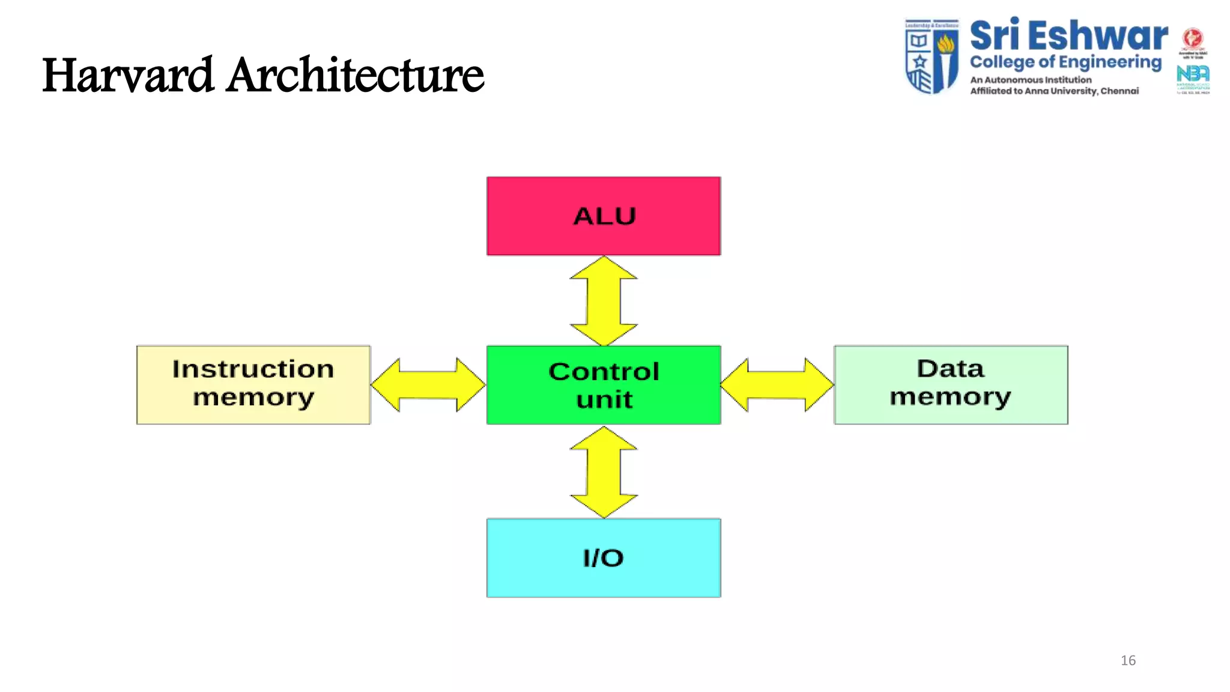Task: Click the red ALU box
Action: pyautogui.click(x=604, y=216)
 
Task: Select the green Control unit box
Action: pyautogui.click(x=604, y=385)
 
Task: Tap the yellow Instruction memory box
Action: pyautogui.click(x=253, y=385)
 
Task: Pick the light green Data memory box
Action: pyautogui.click(x=951, y=385)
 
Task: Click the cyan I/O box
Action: pyautogui.click(x=604, y=558)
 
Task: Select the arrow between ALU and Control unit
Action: pyautogui.click(x=604, y=301)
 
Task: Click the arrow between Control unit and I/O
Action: pyautogui.click(x=604, y=472)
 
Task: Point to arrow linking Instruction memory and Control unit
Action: pyautogui.click(x=428, y=385)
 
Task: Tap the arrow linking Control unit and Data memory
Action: pyautogui.click(x=777, y=385)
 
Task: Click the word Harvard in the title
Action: pyautogui.click(x=128, y=76)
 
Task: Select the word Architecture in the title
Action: pyautogui.click(x=355, y=76)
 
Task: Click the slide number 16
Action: pyautogui.click(x=1128, y=661)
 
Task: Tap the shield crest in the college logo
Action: pyautogui.click(x=932, y=56)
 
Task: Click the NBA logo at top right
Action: pyautogui.click(x=1193, y=74)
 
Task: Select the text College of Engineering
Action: pyautogui.click(x=1065, y=62)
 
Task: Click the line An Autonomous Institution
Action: pyautogui.click(x=1031, y=80)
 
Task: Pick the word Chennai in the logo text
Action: pyautogui.click(x=1119, y=91)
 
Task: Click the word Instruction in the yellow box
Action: pyautogui.click(x=253, y=369)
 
